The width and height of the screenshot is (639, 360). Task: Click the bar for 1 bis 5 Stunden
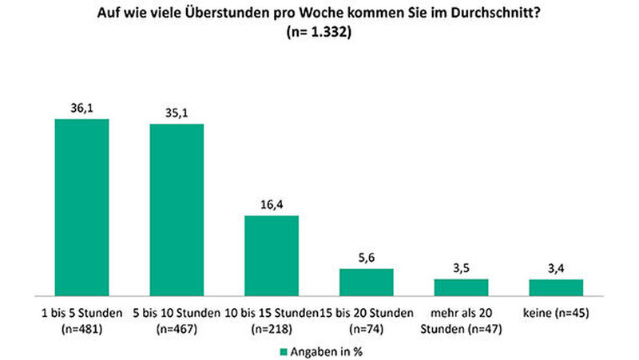click(81, 206)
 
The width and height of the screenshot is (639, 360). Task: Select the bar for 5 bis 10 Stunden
click(177, 209)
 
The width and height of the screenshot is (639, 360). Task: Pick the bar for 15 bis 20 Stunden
click(367, 281)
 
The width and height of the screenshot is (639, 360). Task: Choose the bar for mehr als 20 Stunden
click(461, 286)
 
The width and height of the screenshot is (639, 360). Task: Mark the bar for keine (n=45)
click(556, 287)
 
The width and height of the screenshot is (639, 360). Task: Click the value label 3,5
click(461, 269)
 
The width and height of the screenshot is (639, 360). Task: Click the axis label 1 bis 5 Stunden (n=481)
click(81, 318)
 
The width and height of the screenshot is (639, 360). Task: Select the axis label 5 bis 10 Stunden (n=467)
click(177, 318)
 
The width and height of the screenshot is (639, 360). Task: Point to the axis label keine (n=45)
click(556, 312)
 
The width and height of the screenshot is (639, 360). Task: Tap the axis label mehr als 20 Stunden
click(461, 318)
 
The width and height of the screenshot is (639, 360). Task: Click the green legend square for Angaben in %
click(283, 350)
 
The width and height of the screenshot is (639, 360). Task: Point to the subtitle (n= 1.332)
click(319, 33)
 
